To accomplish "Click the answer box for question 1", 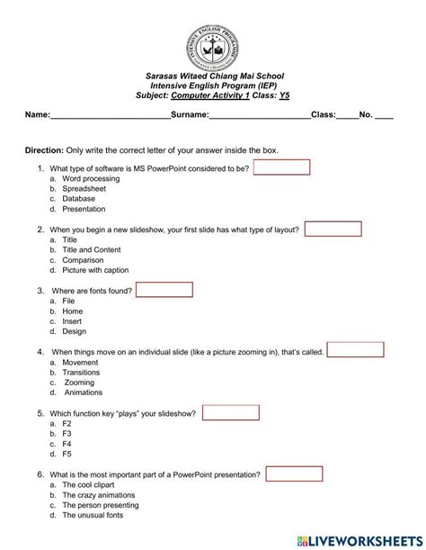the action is (x=281, y=167).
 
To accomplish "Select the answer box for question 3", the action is (x=164, y=290).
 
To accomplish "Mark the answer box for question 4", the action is (x=356, y=350).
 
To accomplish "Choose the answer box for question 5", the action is (x=231, y=412).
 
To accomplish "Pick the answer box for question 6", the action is (x=293, y=473).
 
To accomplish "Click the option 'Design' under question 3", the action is (x=75, y=331).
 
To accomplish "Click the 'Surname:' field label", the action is (x=189, y=115).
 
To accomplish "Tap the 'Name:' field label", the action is (x=37, y=115).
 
